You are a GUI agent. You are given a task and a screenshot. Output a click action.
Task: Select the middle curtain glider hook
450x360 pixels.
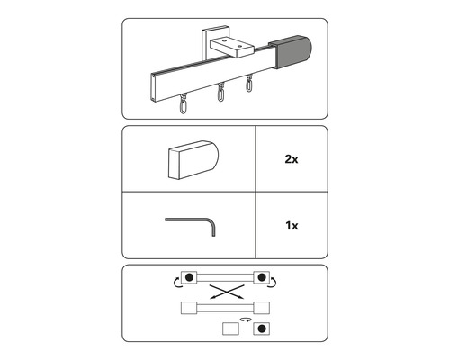click(220, 94)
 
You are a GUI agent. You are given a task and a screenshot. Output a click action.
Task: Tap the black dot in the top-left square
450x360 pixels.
click(189, 277)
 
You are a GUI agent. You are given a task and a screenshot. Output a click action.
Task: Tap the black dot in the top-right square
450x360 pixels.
click(261, 277)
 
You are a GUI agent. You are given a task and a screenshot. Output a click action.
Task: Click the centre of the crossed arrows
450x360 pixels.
click(225, 292)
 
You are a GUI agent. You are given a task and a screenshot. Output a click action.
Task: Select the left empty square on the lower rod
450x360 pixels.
click(189, 308)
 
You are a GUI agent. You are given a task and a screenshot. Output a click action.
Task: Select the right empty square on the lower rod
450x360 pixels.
click(261, 308)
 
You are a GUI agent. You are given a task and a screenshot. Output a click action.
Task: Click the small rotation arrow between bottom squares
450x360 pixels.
click(243, 319)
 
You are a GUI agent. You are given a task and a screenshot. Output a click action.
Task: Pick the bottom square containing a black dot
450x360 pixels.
click(261, 328)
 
